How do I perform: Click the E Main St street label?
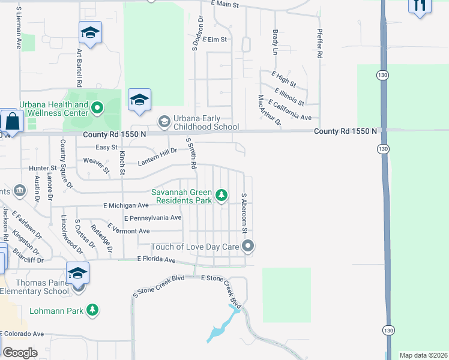225,5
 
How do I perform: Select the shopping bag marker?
11,121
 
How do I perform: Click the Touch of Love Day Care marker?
248,246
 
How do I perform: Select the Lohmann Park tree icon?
92,310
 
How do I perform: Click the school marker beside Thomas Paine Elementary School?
77,274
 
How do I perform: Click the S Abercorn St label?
244,212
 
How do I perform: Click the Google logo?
20,353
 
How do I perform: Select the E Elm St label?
215,40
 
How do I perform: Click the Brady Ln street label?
276,43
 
